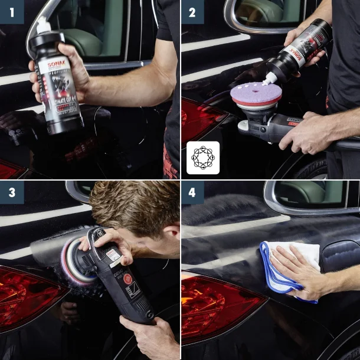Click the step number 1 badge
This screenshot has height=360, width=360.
point(12,12)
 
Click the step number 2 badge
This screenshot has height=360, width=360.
point(192,12)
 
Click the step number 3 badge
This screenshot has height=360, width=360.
point(12,192)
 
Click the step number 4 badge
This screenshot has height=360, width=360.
point(192,192)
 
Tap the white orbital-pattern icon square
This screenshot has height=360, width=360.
point(203,158)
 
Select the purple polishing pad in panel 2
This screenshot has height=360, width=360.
point(254,94)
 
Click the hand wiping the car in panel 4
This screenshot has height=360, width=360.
point(298,271)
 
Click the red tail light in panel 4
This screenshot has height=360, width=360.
point(215,307)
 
